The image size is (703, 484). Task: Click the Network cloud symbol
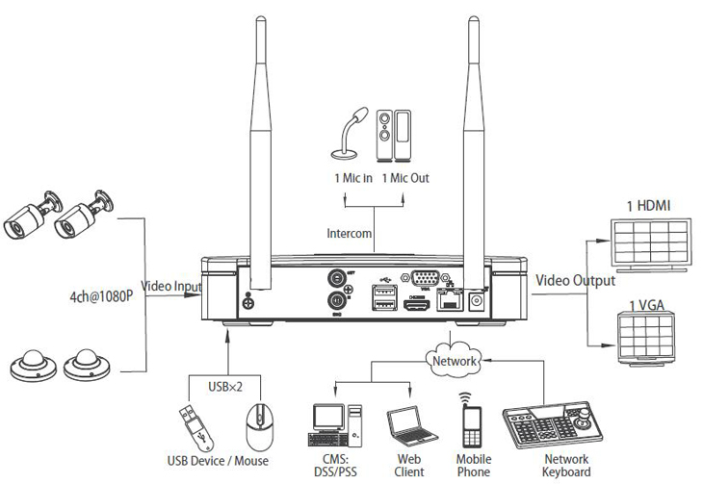click(x=455, y=360)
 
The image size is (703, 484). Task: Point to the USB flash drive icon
click(x=192, y=423)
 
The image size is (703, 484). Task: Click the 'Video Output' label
click(x=575, y=280)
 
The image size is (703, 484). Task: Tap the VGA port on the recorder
click(x=423, y=279)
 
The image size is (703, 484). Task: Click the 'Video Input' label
click(x=172, y=286)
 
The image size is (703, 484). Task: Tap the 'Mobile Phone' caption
click(x=473, y=467)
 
